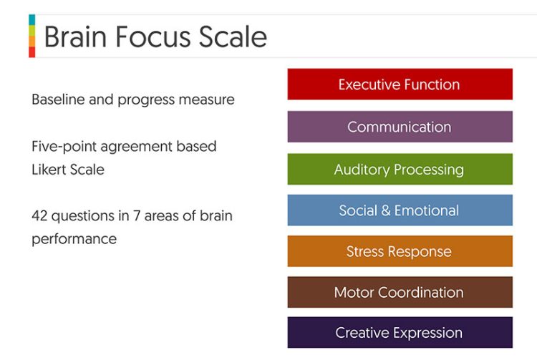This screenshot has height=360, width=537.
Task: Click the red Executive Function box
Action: pos(400,84)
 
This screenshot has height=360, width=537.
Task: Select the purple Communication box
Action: pos(400,127)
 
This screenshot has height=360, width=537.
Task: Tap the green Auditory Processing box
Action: pos(400,169)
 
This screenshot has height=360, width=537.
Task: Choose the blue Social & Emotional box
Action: pos(400,210)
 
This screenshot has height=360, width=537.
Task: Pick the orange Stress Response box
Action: pos(400,251)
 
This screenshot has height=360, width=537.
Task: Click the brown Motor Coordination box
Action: pos(400,292)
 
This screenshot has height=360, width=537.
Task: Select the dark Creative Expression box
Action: pos(400,333)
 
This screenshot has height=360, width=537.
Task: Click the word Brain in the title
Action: pos(76,37)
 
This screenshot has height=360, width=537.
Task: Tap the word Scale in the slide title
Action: pos(233,37)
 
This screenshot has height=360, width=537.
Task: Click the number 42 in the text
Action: pos(39,216)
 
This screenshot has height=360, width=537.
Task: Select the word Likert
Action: pos(47,170)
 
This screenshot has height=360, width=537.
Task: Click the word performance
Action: pos(74,239)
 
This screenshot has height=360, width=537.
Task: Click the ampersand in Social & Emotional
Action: pos(386,210)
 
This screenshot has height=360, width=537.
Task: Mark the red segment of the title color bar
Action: pos(32,52)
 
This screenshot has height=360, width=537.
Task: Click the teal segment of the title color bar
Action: pos(32,20)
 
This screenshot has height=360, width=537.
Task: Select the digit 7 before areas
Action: pos(137,216)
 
